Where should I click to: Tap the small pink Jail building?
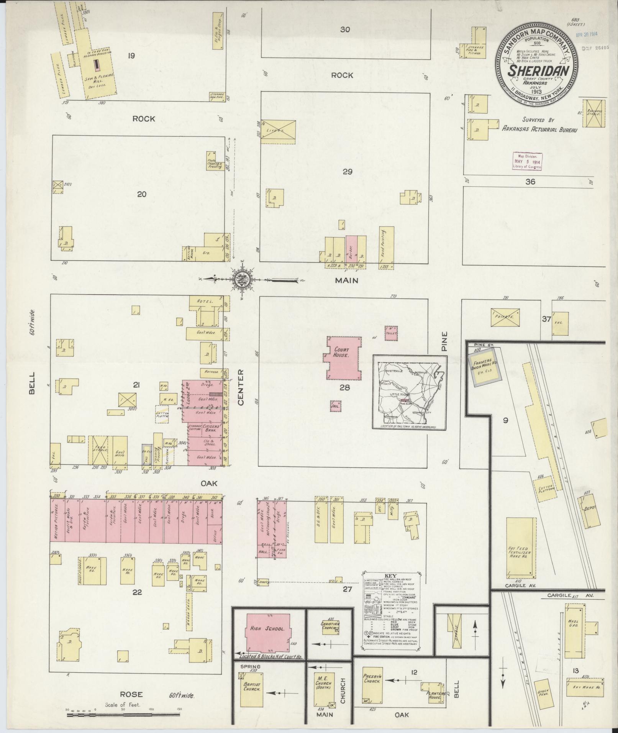pos(335,406)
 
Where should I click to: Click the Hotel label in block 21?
pos(205,302)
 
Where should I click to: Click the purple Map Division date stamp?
pos(527,161)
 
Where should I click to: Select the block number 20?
pos(141,194)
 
